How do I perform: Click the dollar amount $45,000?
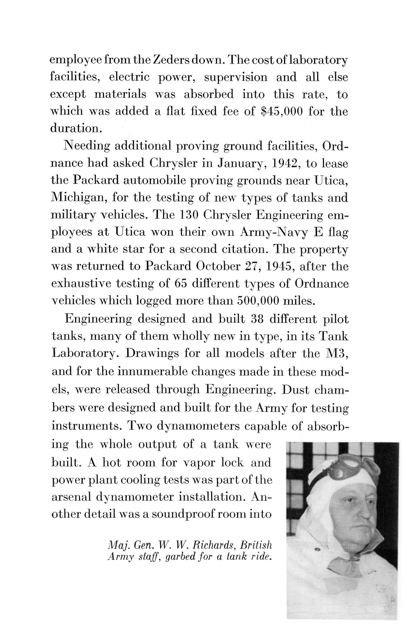tap(282, 111)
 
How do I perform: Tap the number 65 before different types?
tap(181, 283)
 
